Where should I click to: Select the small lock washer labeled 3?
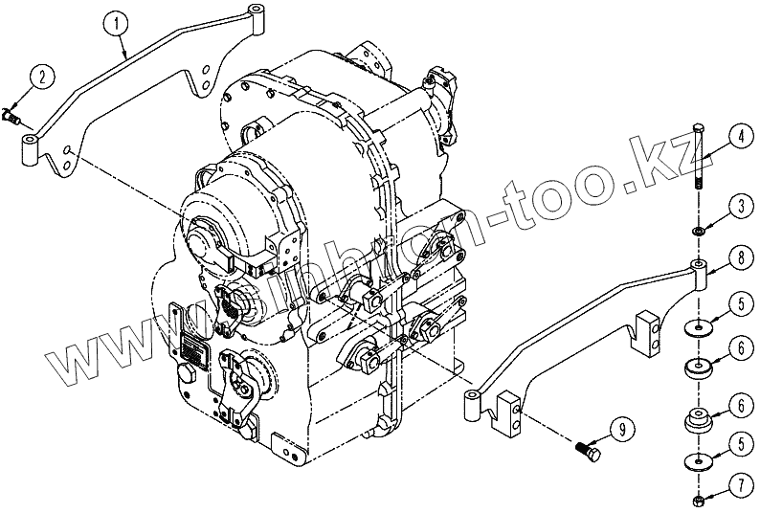point(699,231)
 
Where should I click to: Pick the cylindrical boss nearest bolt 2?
point(28,148)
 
